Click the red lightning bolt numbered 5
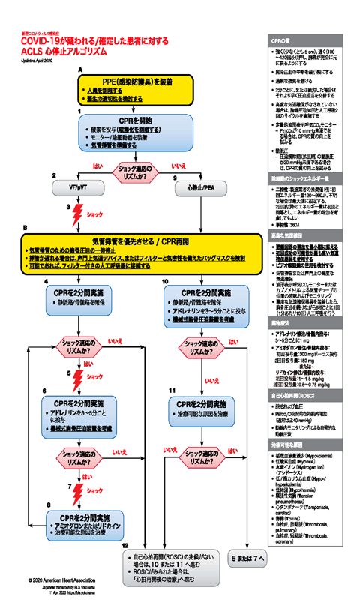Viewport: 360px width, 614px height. pos(75,374)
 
